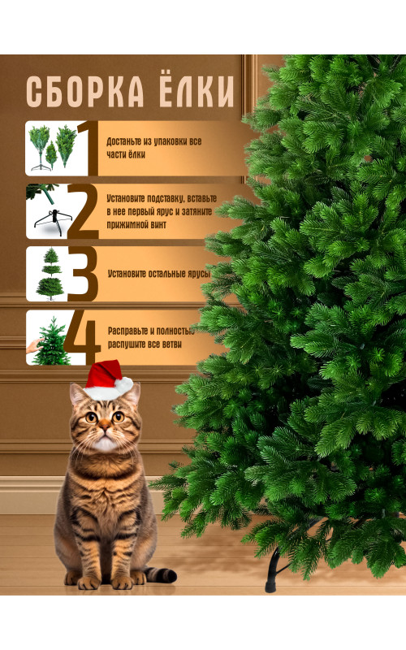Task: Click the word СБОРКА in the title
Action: tap(85, 92)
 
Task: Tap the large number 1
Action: tap(88, 148)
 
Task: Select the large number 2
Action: tap(84, 211)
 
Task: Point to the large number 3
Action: tap(84, 274)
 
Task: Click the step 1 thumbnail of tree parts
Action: tap(52, 149)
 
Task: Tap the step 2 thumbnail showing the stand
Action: tap(48, 211)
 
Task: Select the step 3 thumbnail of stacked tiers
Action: tap(49, 274)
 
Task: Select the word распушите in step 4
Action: tap(127, 344)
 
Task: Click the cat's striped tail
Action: tap(161, 574)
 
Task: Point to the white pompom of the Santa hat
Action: tap(124, 386)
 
